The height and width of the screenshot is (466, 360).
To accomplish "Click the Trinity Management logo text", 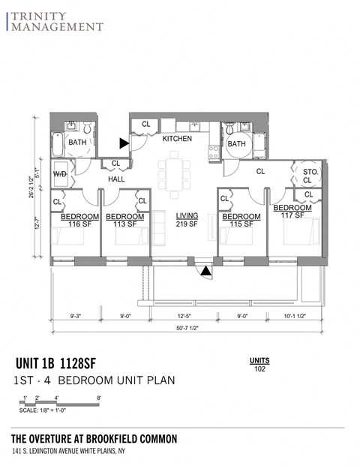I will (55, 21).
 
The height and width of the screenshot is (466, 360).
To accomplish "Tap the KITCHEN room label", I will (177, 139).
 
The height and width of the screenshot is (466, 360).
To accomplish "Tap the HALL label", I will (116, 179).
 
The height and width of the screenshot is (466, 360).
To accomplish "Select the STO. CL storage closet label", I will (310, 176).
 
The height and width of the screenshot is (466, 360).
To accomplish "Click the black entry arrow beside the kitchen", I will (124, 142).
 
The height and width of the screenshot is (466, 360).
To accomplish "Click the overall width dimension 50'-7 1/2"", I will (187, 329).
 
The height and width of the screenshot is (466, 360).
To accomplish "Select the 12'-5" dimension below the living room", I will (184, 316).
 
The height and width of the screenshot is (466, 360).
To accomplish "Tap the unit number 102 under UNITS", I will (259, 368).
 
